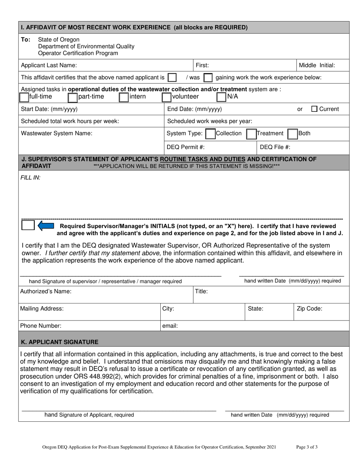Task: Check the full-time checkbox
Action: point(24,97)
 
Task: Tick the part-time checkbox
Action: point(72,97)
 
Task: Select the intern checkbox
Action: point(124,97)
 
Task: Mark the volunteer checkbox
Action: point(166,97)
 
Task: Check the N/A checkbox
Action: point(221,97)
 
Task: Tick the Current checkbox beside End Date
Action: point(314,109)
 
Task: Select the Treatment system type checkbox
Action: point(251,134)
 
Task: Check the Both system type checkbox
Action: point(292,134)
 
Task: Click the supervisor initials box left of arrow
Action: point(28,225)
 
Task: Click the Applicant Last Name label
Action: point(49,65)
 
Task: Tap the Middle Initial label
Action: point(317,65)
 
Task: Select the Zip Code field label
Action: point(309,308)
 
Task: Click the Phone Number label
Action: point(41,325)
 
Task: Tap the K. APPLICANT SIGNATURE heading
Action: point(60,342)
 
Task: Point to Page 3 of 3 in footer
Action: point(307,447)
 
